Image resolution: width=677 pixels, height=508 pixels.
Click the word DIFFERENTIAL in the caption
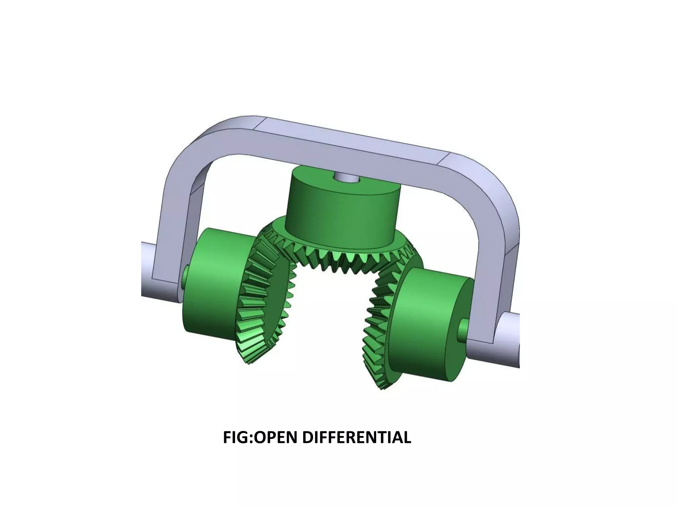(x=357, y=438)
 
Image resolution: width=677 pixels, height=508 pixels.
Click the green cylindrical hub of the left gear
(x=212, y=284)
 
